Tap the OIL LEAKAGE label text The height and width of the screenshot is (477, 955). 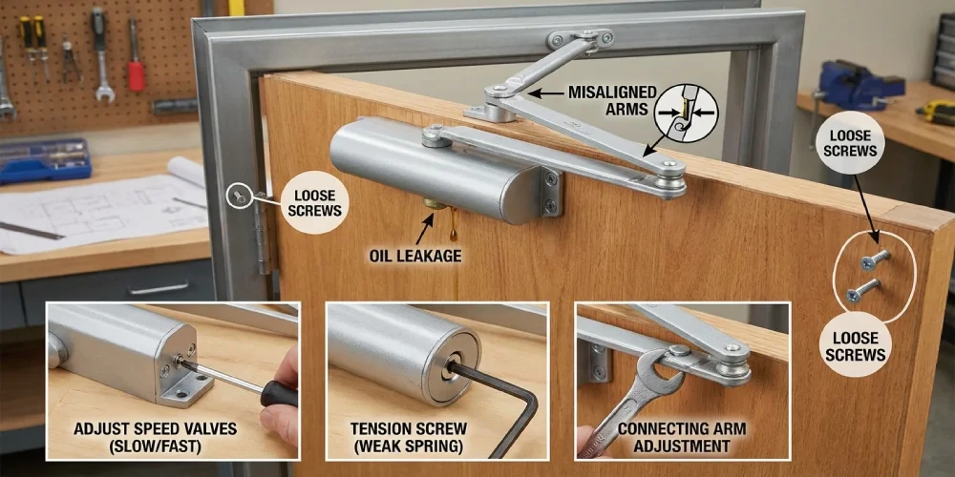[415, 256]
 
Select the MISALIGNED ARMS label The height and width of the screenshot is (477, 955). [613, 101]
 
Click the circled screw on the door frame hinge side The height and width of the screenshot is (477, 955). [238, 197]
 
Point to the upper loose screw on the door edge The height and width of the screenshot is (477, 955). [874, 259]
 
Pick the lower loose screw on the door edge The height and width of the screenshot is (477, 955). [862, 290]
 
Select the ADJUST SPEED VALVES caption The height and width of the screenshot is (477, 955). [156, 438]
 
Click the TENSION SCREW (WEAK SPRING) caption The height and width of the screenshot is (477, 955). [409, 438]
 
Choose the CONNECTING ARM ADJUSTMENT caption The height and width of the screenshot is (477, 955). [682, 438]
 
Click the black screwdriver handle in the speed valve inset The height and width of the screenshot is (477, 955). [279, 393]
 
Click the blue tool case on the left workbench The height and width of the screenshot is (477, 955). [45, 160]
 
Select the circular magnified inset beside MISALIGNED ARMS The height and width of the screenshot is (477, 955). [687, 114]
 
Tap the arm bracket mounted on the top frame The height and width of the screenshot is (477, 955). [581, 39]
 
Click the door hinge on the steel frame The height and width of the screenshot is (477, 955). [263, 232]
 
